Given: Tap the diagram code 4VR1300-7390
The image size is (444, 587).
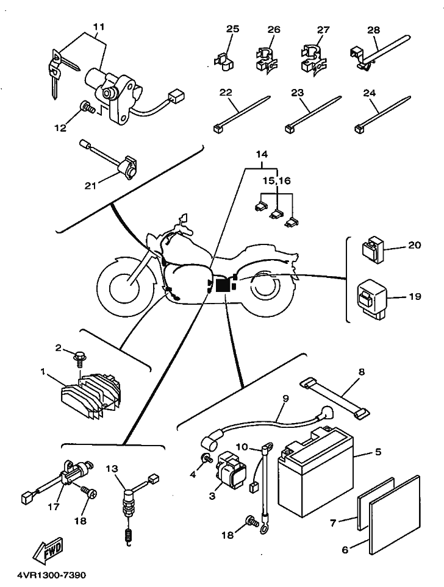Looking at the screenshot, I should [51, 575].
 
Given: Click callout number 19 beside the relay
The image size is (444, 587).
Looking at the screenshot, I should [415, 297].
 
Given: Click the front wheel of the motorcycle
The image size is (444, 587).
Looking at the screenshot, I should [128, 283].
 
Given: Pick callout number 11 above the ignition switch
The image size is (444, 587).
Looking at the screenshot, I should [99, 27].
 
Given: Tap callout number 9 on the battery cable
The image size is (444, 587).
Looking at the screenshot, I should [284, 400].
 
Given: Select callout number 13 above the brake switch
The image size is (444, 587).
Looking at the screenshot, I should [111, 468].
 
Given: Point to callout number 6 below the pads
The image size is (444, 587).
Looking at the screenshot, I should [345, 550].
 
